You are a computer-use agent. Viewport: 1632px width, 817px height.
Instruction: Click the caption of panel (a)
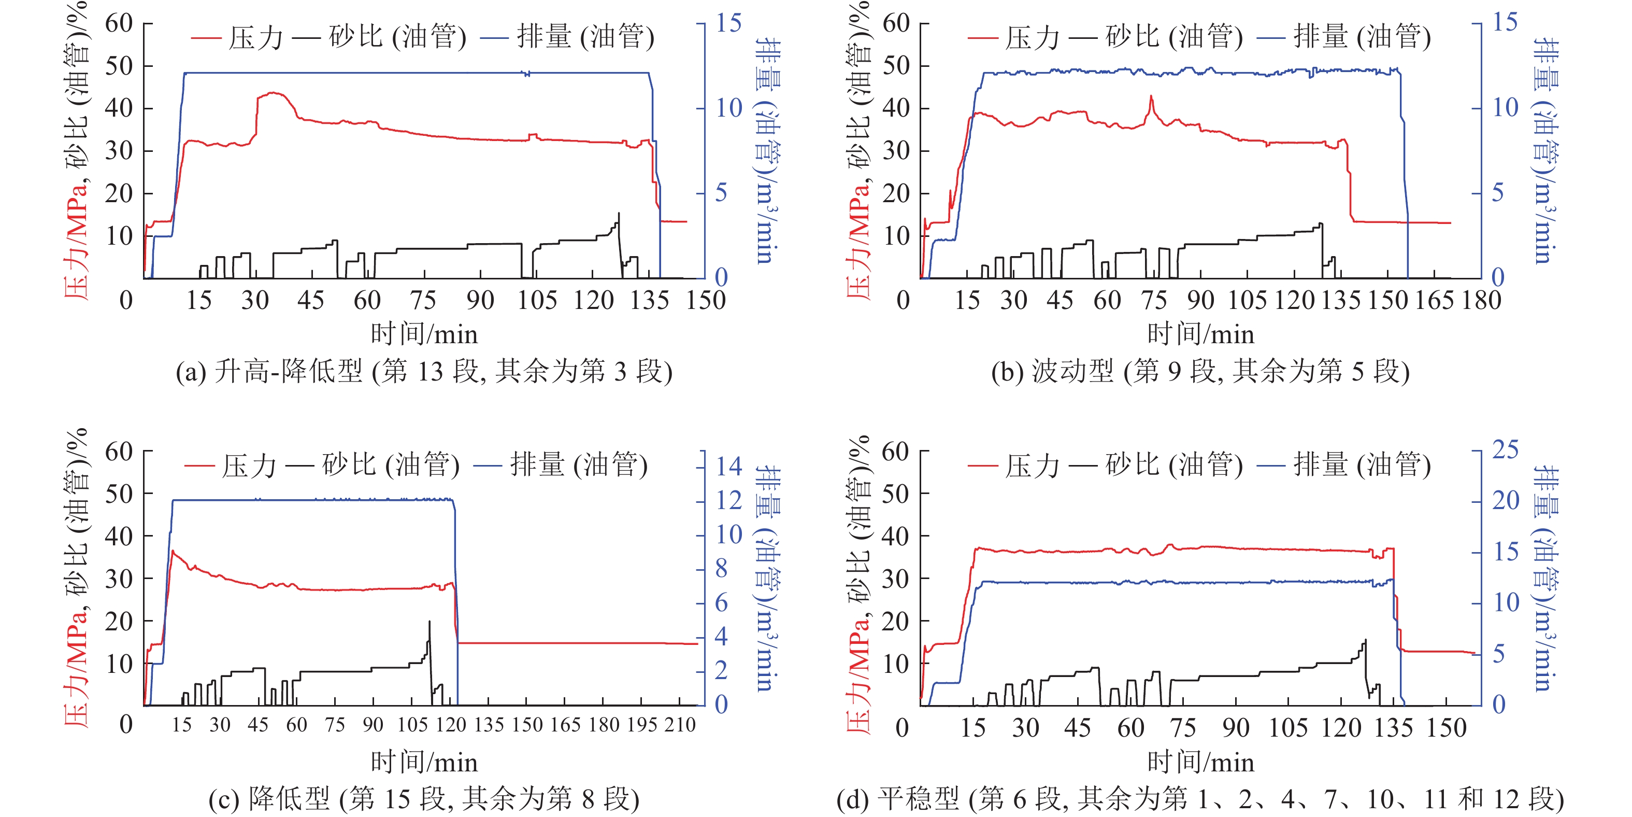tap(424, 371)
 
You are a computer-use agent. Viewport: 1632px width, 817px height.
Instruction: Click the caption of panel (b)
tap(1200, 371)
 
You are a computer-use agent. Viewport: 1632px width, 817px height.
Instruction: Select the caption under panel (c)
tap(424, 799)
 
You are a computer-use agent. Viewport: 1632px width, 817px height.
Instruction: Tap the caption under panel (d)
tap(1200, 799)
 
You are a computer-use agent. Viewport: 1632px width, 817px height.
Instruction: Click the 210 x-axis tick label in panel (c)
tap(680, 724)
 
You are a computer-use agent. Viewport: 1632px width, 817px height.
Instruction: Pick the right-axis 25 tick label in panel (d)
tap(1505, 450)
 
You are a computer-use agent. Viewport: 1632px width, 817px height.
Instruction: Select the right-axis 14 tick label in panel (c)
tap(728, 467)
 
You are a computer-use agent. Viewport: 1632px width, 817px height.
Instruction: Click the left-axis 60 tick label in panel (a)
tap(119, 24)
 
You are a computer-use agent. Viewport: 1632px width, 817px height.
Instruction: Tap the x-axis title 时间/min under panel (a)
tap(424, 334)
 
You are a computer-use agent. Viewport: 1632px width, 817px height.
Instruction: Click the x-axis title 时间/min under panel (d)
tap(1200, 763)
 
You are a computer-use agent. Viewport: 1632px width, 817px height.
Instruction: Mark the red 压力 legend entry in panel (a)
tap(238, 38)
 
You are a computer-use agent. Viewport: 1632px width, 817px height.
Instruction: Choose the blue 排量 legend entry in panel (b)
tap(1343, 37)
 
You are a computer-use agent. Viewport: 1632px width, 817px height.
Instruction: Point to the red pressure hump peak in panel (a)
tap(274, 93)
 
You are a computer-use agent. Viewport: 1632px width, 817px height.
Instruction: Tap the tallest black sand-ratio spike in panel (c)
tap(429, 623)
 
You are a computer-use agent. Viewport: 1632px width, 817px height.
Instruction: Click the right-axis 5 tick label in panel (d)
tap(1498, 654)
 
